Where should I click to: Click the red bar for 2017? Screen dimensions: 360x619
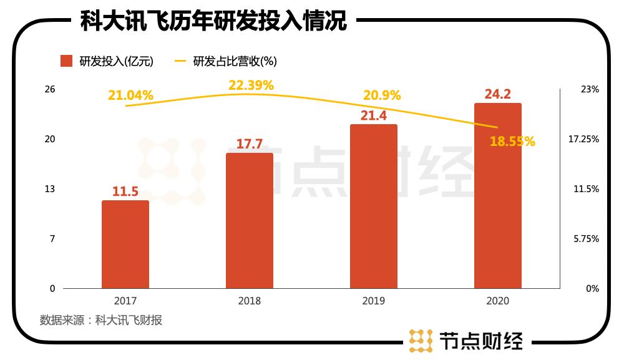(x=125, y=244)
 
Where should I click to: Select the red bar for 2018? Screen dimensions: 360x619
(x=249, y=220)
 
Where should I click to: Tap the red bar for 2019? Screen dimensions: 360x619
(x=373, y=206)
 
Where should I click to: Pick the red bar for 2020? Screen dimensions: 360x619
(x=497, y=195)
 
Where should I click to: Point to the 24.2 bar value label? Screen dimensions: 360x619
(x=498, y=95)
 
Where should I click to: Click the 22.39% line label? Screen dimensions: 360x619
(x=251, y=85)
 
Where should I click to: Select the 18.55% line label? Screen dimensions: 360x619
(x=512, y=142)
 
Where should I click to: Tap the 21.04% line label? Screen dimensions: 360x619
(x=130, y=95)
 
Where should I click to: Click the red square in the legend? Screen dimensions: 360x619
(x=67, y=61)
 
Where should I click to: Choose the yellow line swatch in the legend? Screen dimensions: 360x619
(x=180, y=61)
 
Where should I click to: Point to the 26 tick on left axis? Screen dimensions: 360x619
(x=50, y=89)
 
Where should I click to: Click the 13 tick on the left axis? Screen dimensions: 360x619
(x=50, y=189)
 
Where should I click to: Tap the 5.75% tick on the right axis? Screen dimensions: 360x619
(x=586, y=239)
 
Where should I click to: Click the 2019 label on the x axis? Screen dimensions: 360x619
(x=373, y=301)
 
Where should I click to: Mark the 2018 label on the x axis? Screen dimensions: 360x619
(x=249, y=301)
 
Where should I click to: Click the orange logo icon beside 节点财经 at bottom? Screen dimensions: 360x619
(x=421, y=340)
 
